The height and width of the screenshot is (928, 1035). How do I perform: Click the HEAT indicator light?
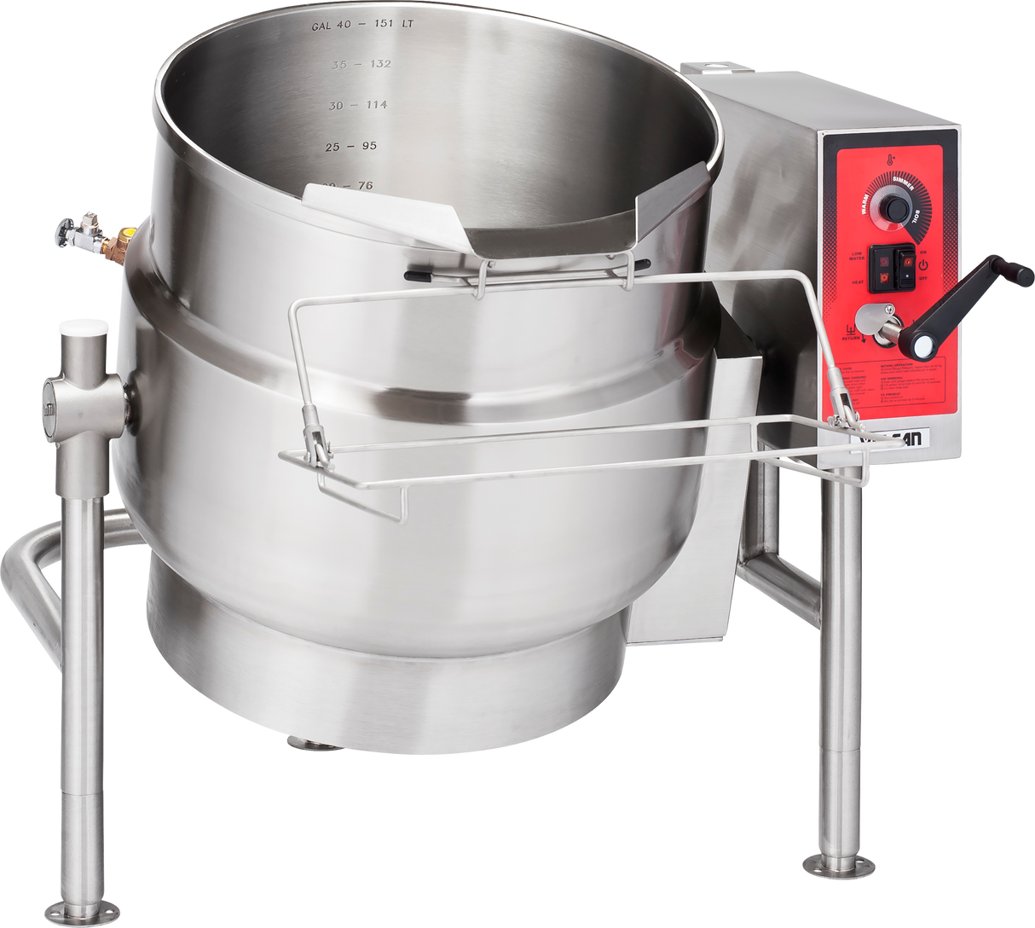coord(884,277)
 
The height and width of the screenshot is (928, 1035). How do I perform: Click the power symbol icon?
coord(922,265)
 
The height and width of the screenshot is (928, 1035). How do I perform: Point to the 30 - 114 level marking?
coord(358,105)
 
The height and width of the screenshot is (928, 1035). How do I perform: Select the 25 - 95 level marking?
coord(350,147)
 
